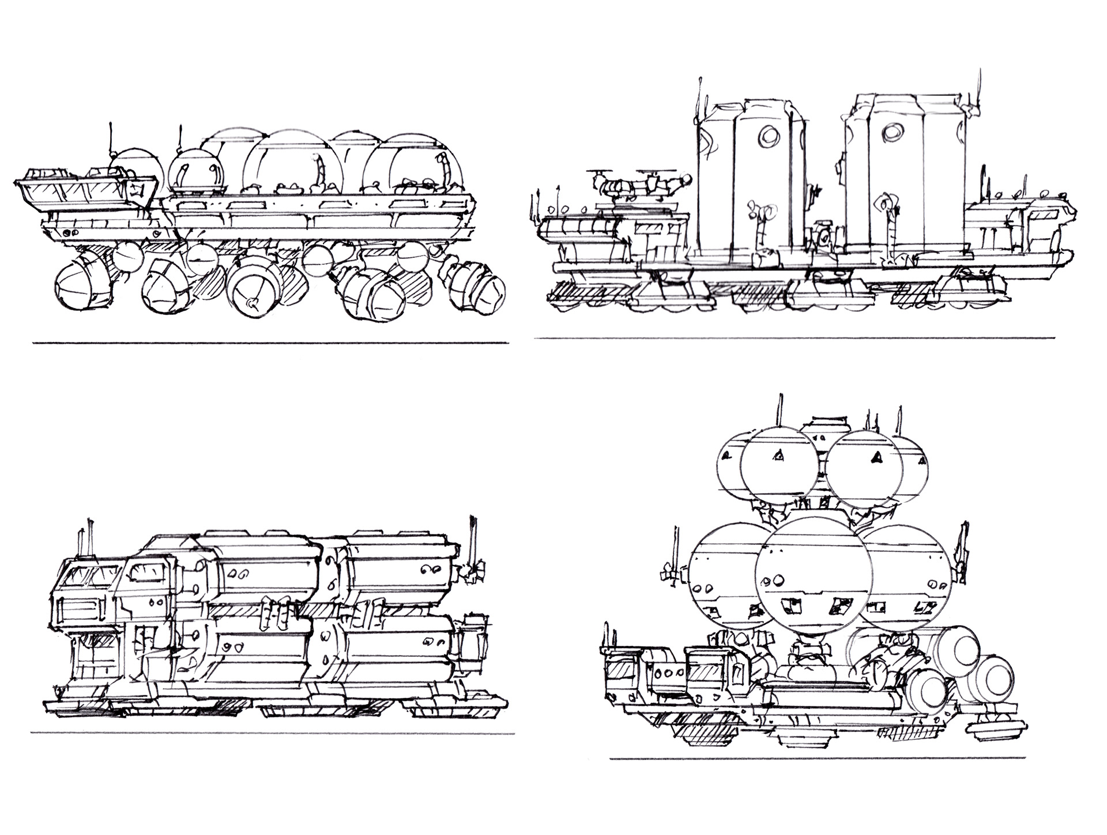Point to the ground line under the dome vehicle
[x=271, y=343]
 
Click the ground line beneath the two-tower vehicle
[x=796, y=338]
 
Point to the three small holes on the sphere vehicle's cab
[x=669, y=672]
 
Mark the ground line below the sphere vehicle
[x=819, y=758]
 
